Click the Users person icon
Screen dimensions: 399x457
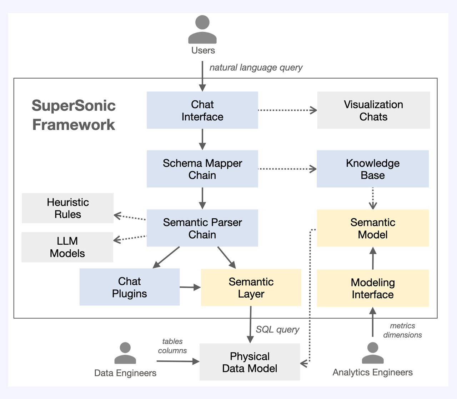coord(202,30)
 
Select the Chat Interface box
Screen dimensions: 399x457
coord(202,110)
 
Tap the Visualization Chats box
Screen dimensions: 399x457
coord(373,110)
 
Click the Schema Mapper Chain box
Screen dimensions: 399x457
coord(202,169)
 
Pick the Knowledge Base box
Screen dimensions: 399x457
coord(373,169)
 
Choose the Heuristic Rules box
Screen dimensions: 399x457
coord(68,208)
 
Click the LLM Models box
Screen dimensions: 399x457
coord(67,247)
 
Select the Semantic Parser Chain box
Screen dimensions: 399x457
coord(202,228)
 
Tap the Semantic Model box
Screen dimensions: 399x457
coord(373,228)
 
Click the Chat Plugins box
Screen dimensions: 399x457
coord(129,287)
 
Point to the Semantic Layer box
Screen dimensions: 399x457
coord(251,288)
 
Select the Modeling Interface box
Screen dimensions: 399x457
coord(373,288)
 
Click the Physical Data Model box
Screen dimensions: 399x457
coord(250,362)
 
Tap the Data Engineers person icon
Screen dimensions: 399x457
coord(125,353)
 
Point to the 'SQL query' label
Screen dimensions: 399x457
coord(277,329)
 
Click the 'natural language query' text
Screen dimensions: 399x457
coord(256,68)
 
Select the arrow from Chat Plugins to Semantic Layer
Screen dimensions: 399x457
coord(190,287)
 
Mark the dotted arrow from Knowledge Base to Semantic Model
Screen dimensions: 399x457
coord(373,198)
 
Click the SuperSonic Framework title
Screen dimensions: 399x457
coord(74,115)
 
